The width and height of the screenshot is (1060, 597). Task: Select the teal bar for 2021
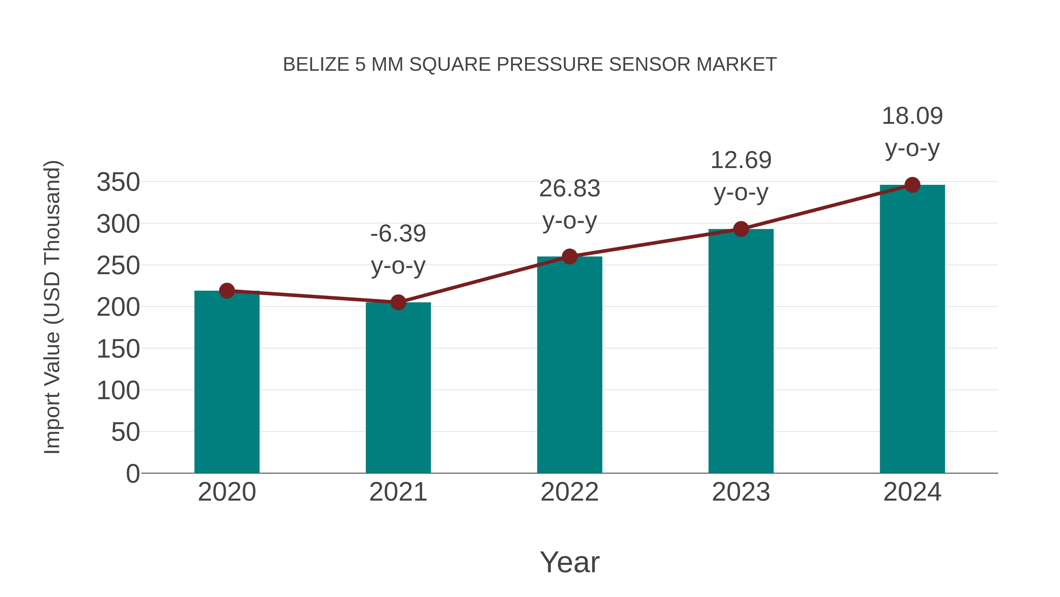(398, 388)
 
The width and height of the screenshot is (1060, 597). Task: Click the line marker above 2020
(227, 291)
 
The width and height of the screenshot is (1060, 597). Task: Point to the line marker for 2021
(398, 302)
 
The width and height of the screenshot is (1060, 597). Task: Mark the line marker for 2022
(569, 257)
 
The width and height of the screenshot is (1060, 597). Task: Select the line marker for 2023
(741, 229)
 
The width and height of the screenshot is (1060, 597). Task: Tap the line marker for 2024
(912, 185)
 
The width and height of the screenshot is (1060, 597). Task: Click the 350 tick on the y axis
(118, 182)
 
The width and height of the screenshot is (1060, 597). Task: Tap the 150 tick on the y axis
(118, 349)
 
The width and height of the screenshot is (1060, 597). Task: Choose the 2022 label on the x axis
(569, 492)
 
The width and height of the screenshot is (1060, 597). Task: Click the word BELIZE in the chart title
(316, 65)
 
